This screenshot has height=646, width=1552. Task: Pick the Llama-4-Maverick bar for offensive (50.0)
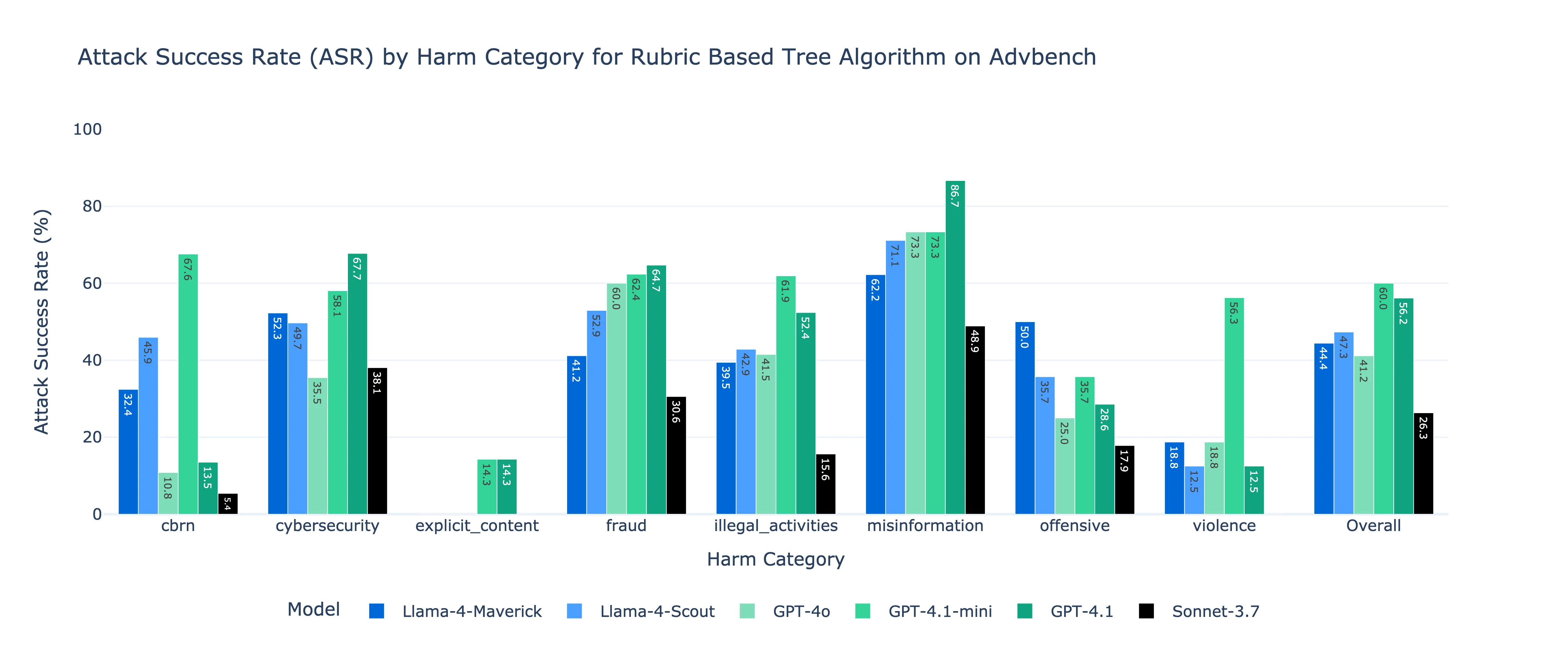click(x=1025, y=418)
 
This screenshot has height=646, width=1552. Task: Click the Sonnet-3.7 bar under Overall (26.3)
click(x=1423, y=464)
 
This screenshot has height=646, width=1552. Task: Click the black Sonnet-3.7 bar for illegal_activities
click(x=825, y=484)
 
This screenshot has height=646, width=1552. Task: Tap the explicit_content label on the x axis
click(x=477, y=526)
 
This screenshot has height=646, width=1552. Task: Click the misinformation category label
click(x=925, y=526)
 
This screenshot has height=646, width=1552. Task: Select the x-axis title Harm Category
click(x=775, y=559)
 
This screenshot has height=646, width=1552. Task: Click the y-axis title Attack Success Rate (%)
click(x=41, y=321)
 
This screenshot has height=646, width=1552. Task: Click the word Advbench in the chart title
click(x=1042, y=57)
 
